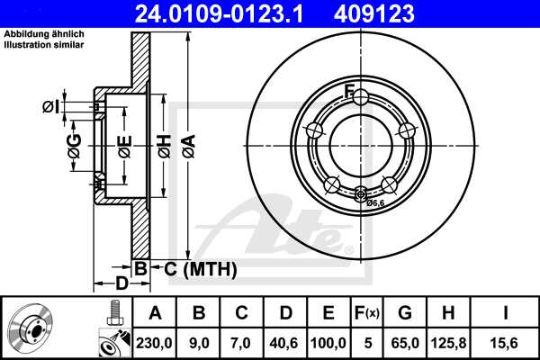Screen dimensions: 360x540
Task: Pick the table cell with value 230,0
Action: (x=155, y=341)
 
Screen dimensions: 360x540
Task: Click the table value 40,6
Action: (x=285, y=341)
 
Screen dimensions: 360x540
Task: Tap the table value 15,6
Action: (x=504, y=341)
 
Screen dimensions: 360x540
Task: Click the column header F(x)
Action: (x=370, y=314)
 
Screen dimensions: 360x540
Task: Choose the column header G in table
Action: (x=406, y=314)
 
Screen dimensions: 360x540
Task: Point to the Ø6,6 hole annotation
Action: (x=375, y=202)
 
